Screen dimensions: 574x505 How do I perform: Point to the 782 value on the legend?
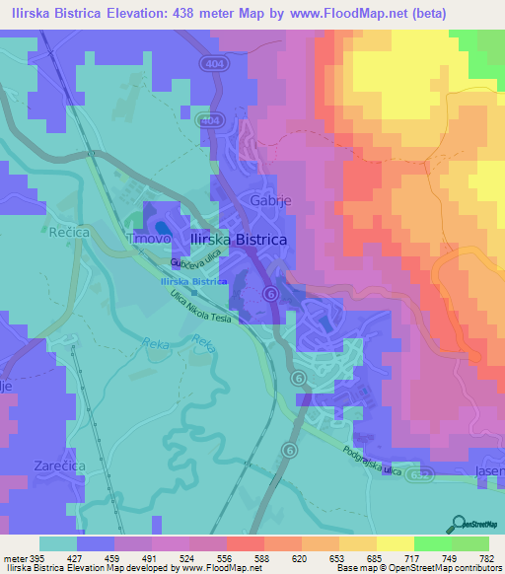486,559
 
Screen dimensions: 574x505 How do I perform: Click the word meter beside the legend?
14,559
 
